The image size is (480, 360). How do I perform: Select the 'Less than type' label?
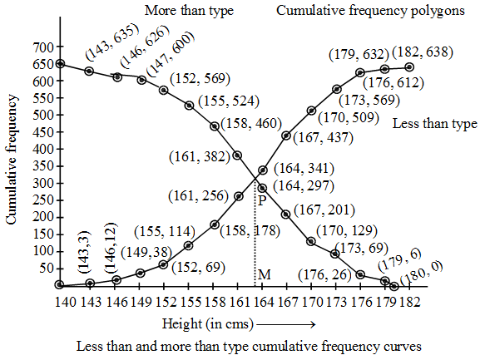click(433, 124)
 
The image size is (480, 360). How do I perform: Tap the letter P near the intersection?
click(261, 200)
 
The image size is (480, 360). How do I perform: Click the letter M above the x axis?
click(264, 274)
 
